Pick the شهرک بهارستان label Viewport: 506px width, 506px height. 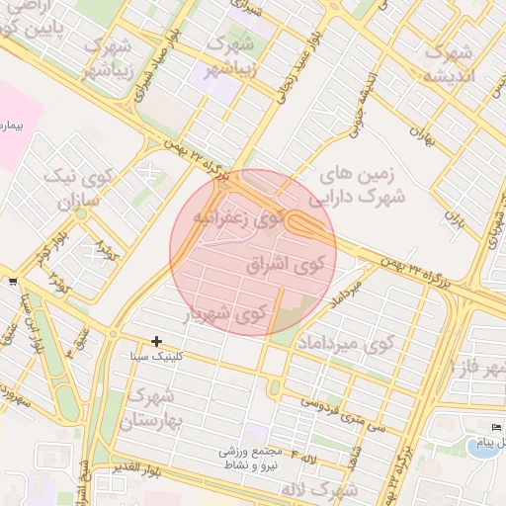(152, 410)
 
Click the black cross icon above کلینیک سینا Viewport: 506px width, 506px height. (156, 341)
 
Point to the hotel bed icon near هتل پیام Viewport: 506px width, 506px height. (497, 426)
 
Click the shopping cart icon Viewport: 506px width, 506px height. (11, 282)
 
